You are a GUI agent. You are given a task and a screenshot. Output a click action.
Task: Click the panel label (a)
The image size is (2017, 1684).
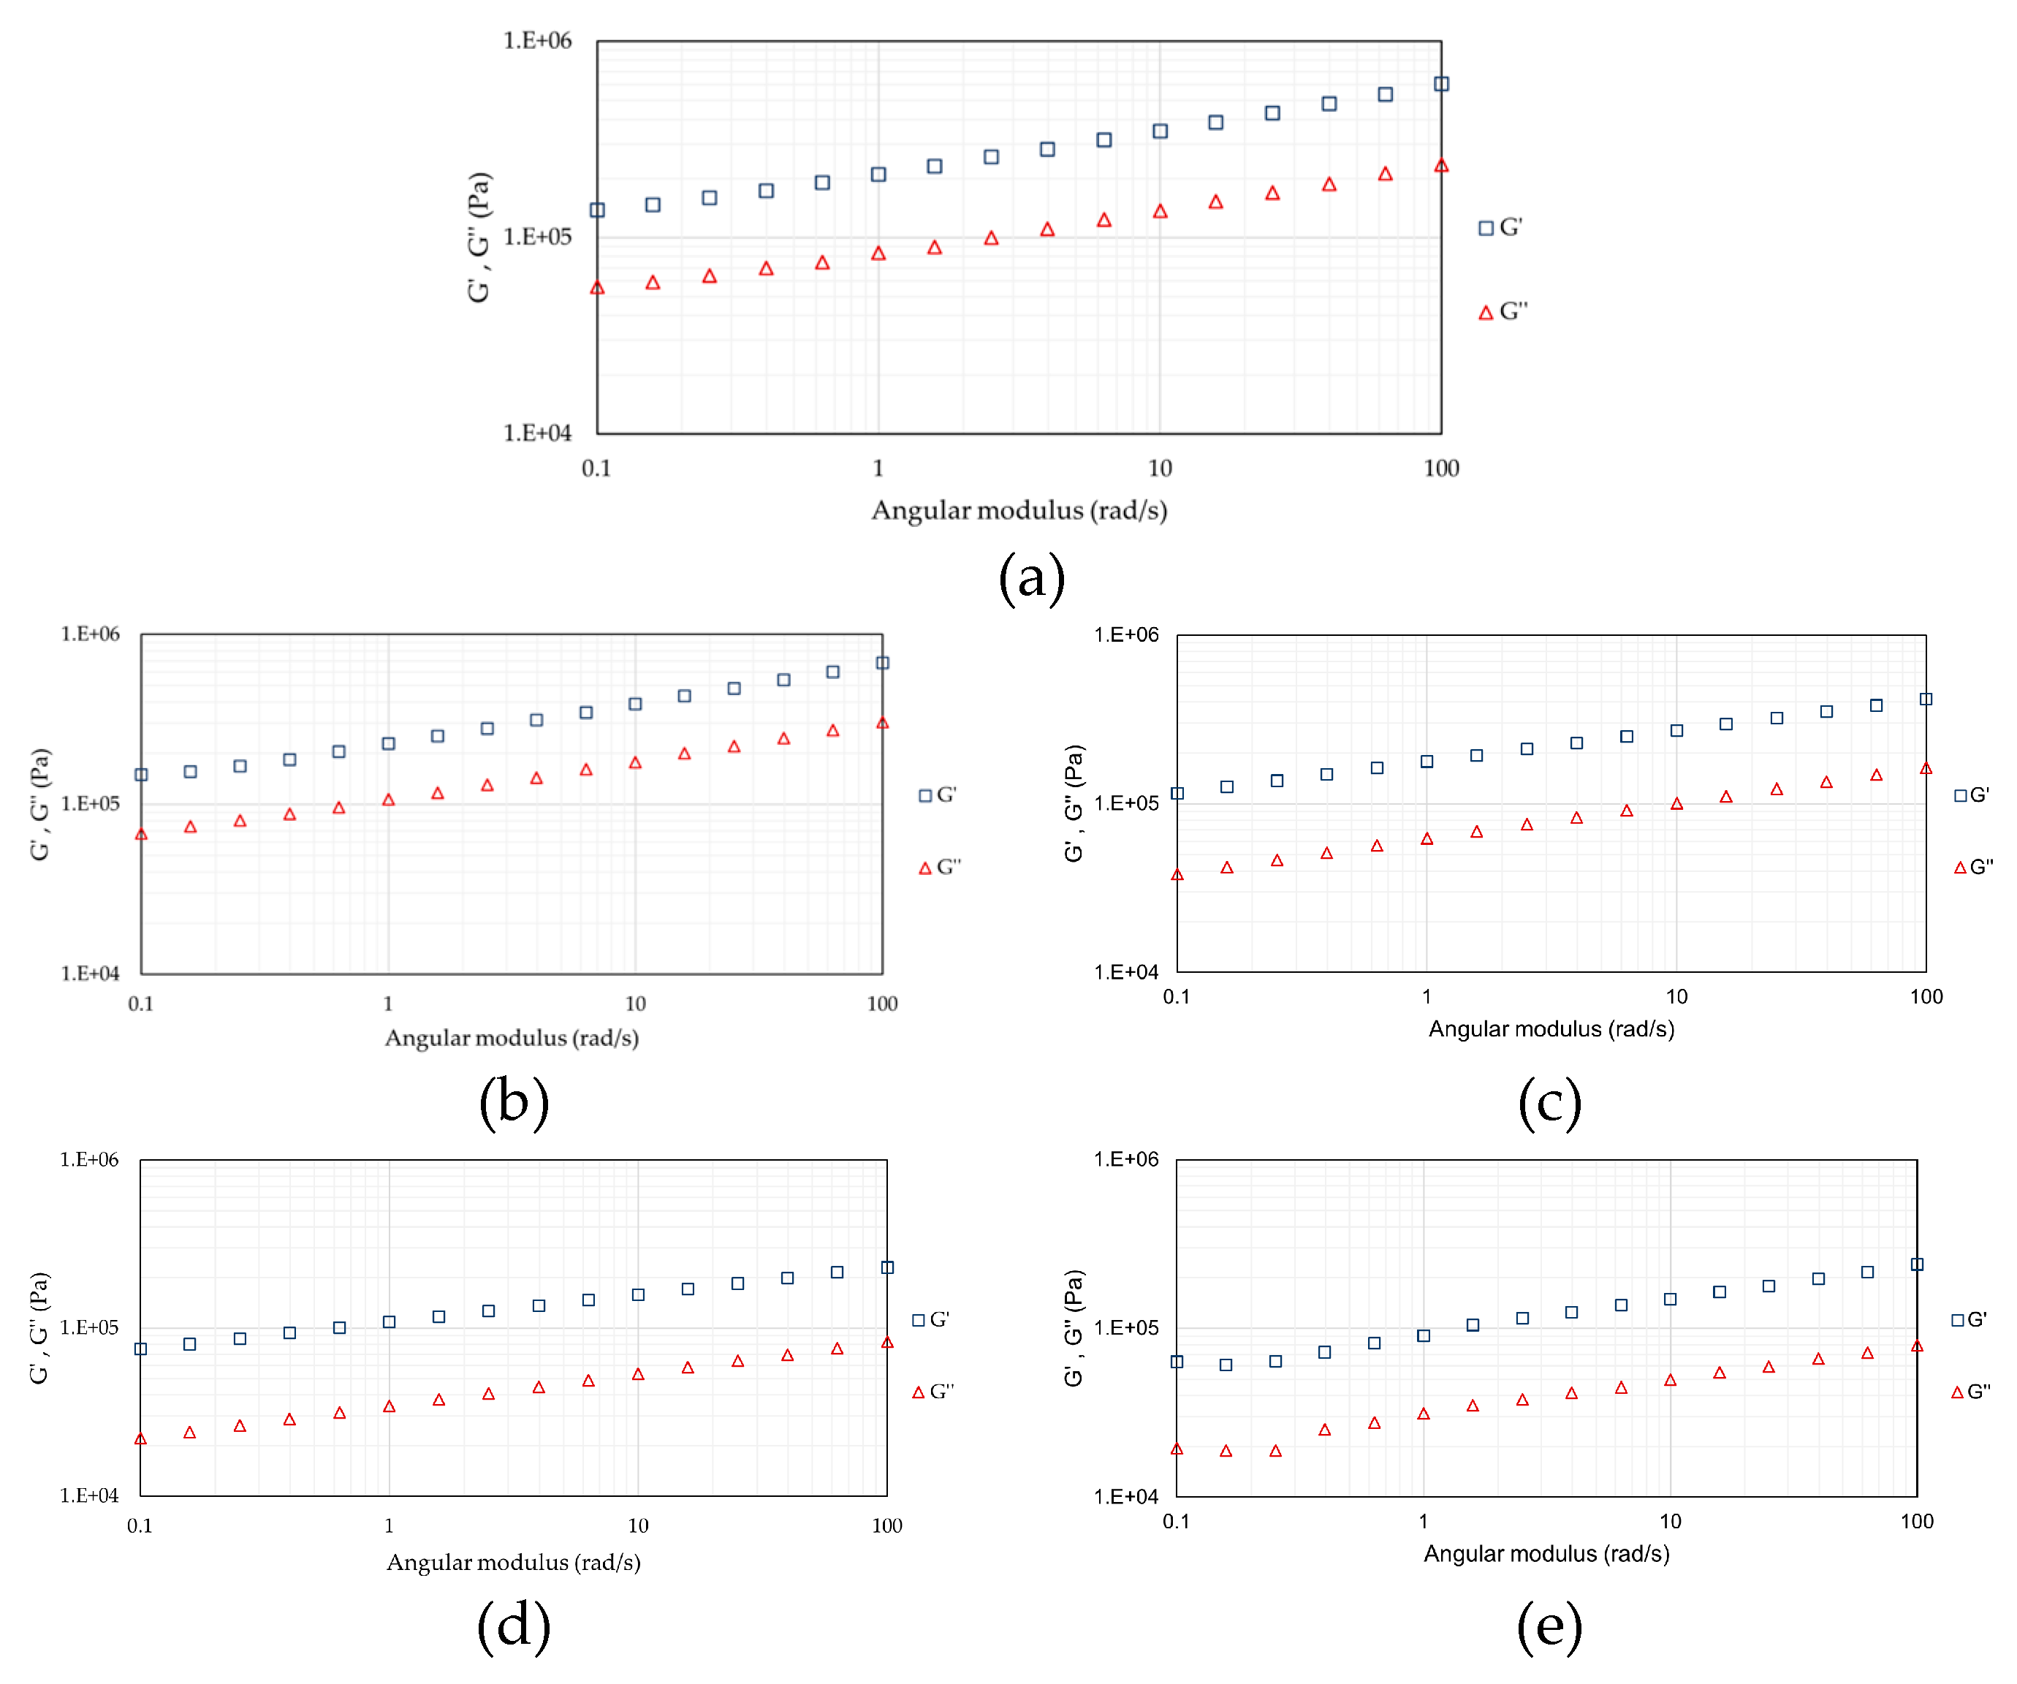(x=1032, y=578)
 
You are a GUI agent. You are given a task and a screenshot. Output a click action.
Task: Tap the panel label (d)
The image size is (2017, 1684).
(x=514, y=1626)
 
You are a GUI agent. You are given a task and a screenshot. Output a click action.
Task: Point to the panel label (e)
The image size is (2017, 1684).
(x=1549, y=1626)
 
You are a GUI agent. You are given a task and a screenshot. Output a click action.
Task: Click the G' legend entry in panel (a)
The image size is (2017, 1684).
(x=1501, y=227)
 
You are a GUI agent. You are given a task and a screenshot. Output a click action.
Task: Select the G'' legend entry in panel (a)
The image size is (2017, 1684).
(x=1503, y=312)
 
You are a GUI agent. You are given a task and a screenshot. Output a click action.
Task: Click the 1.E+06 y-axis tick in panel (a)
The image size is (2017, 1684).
(x=537, y=40)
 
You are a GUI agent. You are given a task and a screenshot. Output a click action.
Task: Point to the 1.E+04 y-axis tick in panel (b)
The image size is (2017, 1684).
(x=91, y=973)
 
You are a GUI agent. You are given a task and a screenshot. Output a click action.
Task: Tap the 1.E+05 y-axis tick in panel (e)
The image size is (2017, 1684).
(x=1125, y=1327)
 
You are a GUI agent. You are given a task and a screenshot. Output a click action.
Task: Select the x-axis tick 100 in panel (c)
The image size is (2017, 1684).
(x=1926, y=997)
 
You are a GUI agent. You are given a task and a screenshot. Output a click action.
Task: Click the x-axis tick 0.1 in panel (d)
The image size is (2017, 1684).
(x=140, y=1525)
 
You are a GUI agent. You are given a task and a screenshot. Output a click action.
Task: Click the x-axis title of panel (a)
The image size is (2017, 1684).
(x=1019, y=510)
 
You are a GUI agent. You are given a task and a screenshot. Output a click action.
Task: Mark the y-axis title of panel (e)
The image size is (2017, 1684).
(x=1074, y=1327)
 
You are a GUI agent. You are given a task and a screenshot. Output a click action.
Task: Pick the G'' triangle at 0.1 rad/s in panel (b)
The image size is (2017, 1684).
(x=141, y=834)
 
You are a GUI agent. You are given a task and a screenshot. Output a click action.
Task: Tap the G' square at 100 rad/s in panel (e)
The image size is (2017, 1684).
(x=1916, y=1264)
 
